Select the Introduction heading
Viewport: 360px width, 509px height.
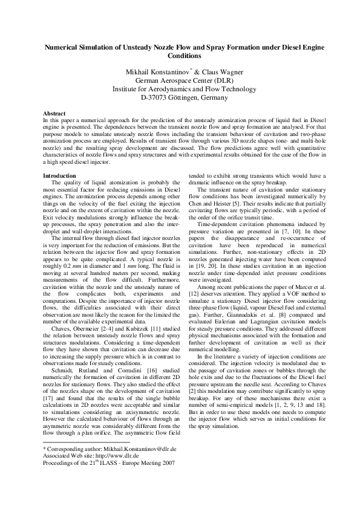click(x=59, y=176)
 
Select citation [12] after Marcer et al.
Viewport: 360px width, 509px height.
click(x=195, y=301)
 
